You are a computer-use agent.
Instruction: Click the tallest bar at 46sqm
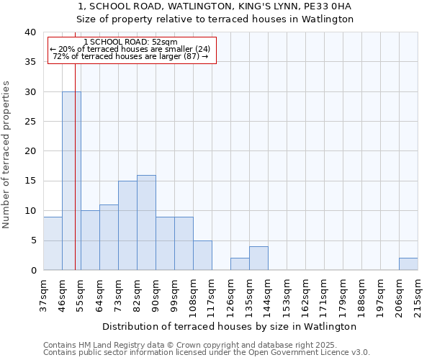pos(71,181)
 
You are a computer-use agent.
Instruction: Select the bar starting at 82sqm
pos(146,222)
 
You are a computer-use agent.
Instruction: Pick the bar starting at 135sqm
pos(258,258)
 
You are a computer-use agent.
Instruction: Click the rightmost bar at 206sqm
pos(408,264)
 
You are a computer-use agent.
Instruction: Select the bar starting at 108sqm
pos(202,256)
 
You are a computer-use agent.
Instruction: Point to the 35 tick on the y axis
pos(30,63)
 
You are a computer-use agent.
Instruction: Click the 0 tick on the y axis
pos(33,271)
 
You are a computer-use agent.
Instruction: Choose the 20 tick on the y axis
pos(30,152)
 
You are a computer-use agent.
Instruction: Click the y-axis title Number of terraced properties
pos(6,154)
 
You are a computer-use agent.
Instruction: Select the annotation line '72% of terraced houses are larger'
pos(130,57)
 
